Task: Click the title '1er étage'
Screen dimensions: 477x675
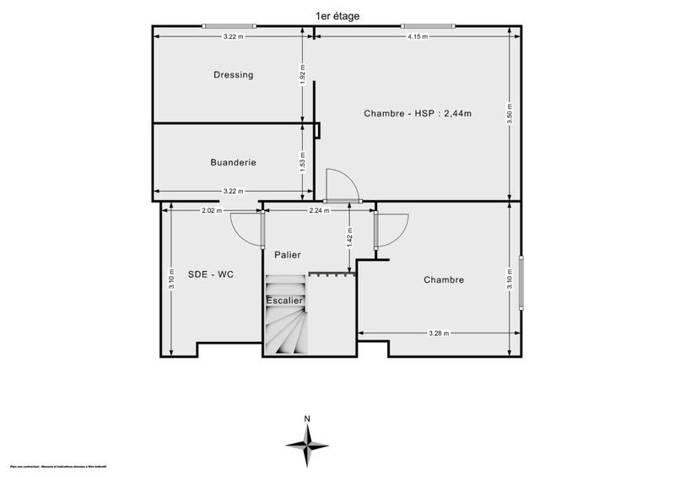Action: [336, 15]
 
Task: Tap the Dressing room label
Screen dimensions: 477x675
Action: [233, 75]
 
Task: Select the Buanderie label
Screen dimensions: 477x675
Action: [233, 162]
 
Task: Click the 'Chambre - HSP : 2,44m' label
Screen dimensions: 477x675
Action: [417, 113]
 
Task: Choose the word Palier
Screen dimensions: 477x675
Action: [287, 255]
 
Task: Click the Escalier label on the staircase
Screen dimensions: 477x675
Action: [284, 301]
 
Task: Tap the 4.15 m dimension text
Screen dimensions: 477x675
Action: [417, 36]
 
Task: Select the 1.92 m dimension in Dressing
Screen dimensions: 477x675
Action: [303, 75]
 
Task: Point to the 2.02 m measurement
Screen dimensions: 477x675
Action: [212, 210]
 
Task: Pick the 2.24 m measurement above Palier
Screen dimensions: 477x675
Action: [318, 210]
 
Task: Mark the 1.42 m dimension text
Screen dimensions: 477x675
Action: [349, 239]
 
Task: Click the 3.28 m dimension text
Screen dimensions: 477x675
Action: [437, 333]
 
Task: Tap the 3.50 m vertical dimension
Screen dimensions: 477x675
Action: [510, 113]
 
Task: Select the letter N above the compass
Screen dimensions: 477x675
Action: [308, 418]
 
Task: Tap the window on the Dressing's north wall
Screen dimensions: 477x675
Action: [228, 26]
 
